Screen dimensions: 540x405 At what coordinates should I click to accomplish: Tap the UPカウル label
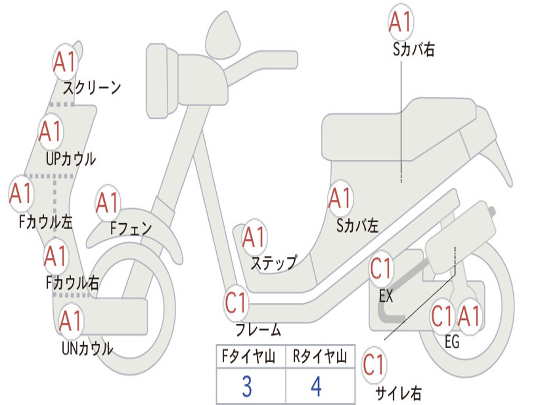pos(71,159)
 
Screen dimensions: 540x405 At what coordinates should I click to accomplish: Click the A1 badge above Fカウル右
pos(55,256)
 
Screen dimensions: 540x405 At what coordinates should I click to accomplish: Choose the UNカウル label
pos(88,349)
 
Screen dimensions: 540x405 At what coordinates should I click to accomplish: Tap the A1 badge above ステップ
pos(254,238)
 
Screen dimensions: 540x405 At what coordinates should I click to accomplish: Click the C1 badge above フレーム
pos(236,303)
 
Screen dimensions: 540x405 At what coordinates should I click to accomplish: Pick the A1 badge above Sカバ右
pos(400,22)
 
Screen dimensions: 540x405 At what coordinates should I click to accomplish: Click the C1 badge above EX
pos(382,269)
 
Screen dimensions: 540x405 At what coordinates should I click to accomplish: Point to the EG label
pos(452,342)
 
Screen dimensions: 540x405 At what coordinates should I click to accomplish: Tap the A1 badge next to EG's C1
pos(469,316)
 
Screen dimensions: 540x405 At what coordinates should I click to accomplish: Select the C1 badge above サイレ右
pos(374,364)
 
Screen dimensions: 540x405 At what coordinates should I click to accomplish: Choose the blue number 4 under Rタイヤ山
pos(316,387)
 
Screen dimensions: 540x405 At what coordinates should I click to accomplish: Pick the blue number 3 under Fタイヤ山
pos(246,387)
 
